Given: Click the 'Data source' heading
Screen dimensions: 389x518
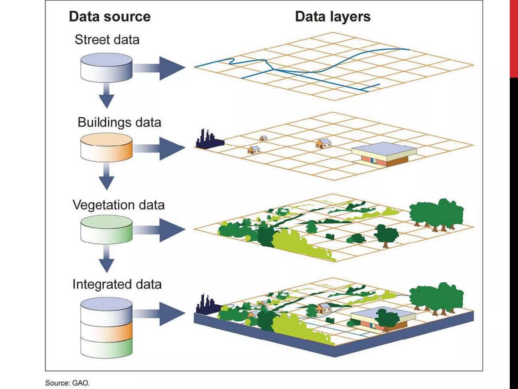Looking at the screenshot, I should (110, 17).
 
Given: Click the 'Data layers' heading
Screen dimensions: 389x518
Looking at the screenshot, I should (333, 17).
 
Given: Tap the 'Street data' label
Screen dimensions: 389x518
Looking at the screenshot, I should (107, 40).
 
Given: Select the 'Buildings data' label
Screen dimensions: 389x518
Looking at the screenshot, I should (119, 123).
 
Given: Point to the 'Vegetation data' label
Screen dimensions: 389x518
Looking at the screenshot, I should (118, 205).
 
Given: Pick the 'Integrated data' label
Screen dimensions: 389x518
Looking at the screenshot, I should (117, 284).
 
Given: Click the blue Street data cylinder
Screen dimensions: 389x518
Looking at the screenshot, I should (106, 67).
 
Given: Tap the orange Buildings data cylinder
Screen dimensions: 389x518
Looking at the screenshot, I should (106, 148).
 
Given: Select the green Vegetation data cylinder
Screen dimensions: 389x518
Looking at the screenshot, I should (106, 229).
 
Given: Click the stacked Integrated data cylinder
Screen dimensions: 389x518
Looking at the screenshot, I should (106, 328).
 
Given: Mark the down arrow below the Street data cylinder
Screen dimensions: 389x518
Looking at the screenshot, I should (106, 96).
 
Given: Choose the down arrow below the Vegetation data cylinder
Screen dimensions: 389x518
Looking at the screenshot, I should (106, 260).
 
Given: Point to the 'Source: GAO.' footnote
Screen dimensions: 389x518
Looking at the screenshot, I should (67, 383).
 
